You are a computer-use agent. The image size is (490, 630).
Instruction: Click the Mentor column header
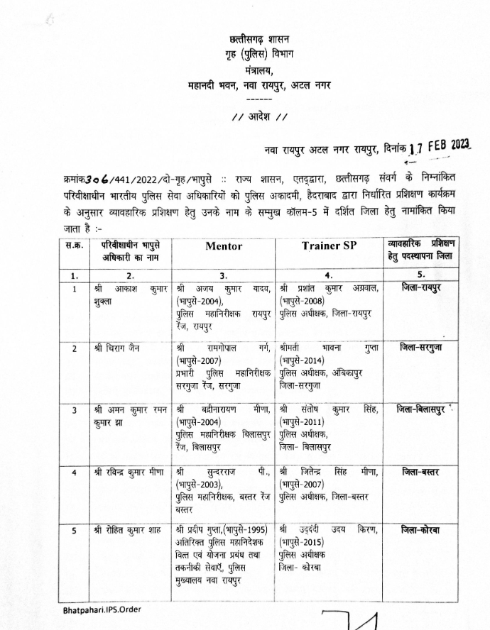click(224, 246)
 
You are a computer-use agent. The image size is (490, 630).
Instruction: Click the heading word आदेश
click(259, 116)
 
